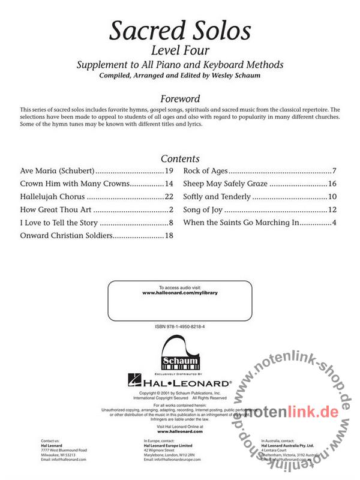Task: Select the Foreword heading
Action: pyautogui.click(x=180, y=98)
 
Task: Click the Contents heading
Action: pyautogui.click(x=180, y=158)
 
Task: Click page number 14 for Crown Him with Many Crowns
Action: pyautogui.click(x=169, y=184)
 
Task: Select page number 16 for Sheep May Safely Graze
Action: pyautogui.click(x=331, y=184)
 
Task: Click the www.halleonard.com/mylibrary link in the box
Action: pyautogui.click(x=180, y=294)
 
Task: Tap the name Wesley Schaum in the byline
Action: pyautogui.click(x=241, y=76)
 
